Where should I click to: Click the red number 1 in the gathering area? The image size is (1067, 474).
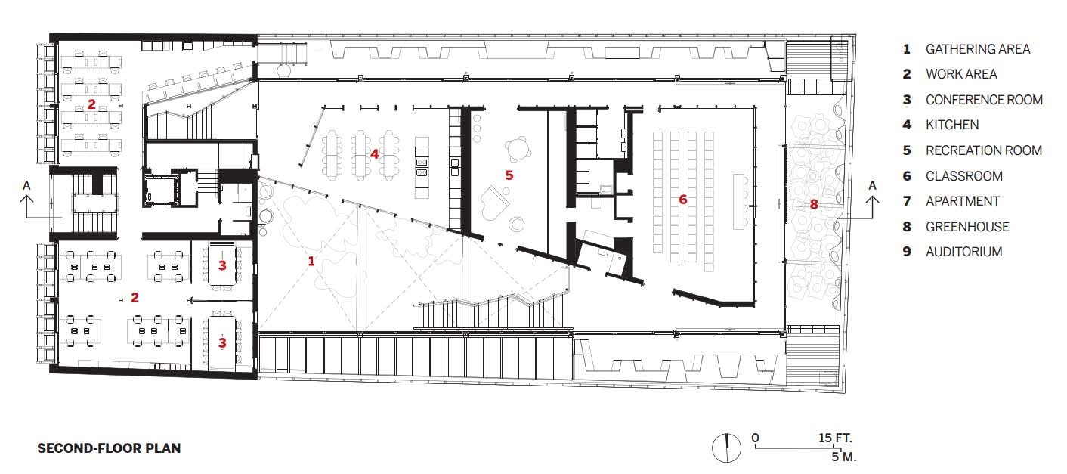point(311,261)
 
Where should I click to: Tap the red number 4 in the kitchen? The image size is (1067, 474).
point(374,154)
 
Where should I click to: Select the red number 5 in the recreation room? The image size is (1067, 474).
point(509,175)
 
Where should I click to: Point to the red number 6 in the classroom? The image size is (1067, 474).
point(682,199)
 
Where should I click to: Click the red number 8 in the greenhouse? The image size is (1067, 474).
point(814,204)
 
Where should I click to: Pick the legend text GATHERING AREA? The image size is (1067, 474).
point(977,49)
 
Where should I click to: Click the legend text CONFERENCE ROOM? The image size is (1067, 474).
point(984,100)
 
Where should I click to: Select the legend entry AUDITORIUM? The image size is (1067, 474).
point(963,252)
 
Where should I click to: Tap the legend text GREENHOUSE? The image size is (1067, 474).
point(967,227)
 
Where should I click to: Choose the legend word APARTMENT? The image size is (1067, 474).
point(963,201)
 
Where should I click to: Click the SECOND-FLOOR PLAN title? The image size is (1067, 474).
point(109,448)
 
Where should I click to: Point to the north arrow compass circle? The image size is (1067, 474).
point(726,448)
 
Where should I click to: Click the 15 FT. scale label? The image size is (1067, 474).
point(835,438)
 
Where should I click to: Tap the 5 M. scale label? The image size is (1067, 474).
point(844,457)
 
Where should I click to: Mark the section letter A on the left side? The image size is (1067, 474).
point(26,185)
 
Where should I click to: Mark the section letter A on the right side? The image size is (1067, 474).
point(872,185)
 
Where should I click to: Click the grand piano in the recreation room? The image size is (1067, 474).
point(494,209)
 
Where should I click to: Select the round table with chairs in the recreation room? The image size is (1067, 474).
point(518,149)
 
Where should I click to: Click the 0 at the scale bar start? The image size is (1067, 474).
point(756,438)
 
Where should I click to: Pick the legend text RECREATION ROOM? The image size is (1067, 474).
point(984,150)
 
